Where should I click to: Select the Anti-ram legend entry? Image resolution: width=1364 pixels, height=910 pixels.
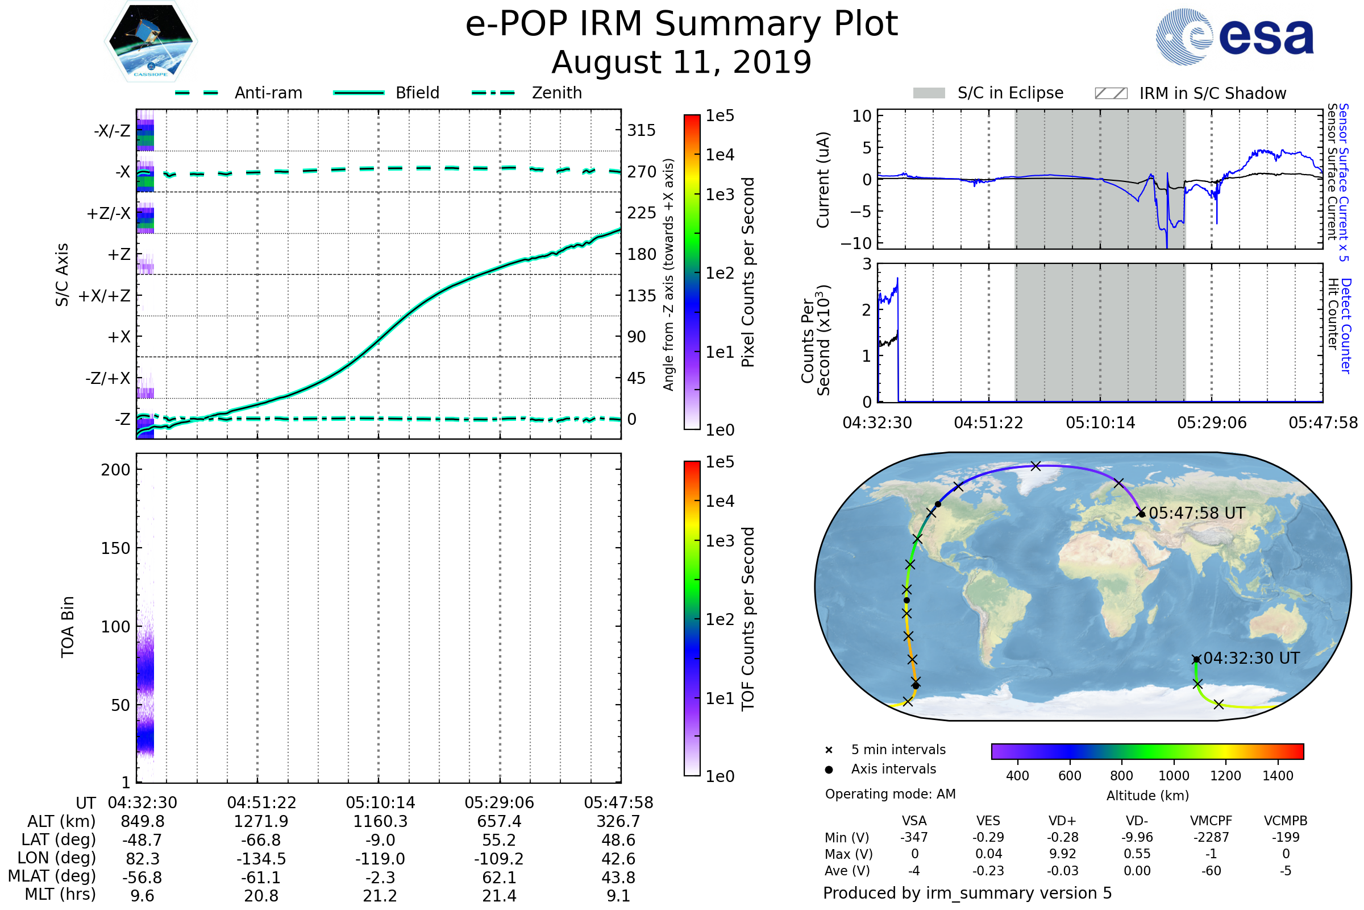[268, 93]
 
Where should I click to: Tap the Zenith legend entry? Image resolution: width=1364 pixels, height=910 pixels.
[556, 93]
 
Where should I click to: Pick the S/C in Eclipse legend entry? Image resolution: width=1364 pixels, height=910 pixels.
[1010, 93]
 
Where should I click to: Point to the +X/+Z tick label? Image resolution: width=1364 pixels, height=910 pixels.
[105, 296]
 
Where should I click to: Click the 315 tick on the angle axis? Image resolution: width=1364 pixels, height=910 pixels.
[641, 130]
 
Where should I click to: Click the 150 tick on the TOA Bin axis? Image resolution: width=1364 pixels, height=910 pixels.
[115, 548]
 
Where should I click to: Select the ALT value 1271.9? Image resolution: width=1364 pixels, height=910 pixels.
[261, 821]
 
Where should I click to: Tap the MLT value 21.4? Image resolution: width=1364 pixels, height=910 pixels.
[499, 895]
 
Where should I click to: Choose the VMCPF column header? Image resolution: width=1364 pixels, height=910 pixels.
[1211, 821]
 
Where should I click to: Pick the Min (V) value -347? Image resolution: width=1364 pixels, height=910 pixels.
[914, 837]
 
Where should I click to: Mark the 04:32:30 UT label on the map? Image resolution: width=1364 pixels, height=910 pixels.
[1251, 658]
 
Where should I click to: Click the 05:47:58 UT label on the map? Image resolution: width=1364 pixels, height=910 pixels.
[1197, 513]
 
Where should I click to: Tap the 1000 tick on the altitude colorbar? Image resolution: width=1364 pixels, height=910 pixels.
[1173, 776]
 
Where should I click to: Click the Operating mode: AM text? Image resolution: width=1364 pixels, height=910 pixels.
[890, 794]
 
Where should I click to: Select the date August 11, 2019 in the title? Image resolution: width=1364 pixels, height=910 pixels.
[681, 62]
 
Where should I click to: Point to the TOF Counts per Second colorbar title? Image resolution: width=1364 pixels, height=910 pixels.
[748, 619]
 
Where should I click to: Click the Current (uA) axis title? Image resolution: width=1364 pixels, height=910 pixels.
[823, 180]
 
